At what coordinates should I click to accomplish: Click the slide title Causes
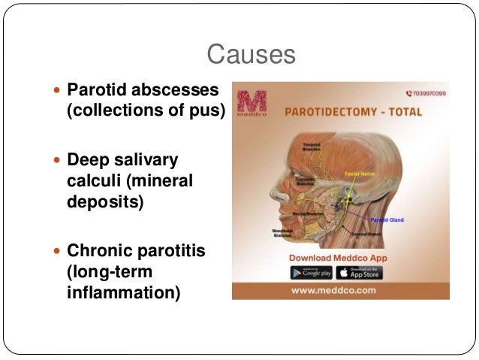coord(251,55)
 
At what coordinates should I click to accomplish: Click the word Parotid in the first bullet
coord(95,91)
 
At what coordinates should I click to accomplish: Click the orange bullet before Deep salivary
coord(58,160)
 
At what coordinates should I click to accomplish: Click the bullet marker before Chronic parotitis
coord(58,250)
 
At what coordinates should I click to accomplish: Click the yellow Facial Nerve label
coord(359,174)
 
